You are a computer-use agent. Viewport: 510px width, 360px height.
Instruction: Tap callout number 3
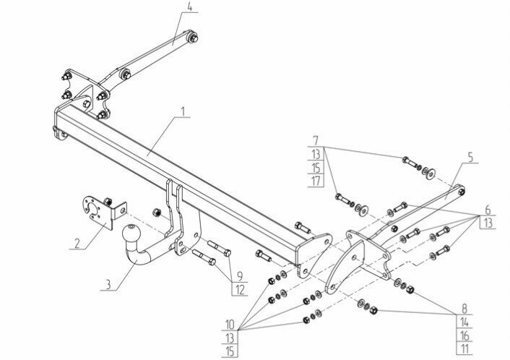(108, 285)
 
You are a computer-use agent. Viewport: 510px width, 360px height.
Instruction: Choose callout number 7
(316, 139)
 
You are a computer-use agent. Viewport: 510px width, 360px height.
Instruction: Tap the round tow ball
(133, 233)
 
